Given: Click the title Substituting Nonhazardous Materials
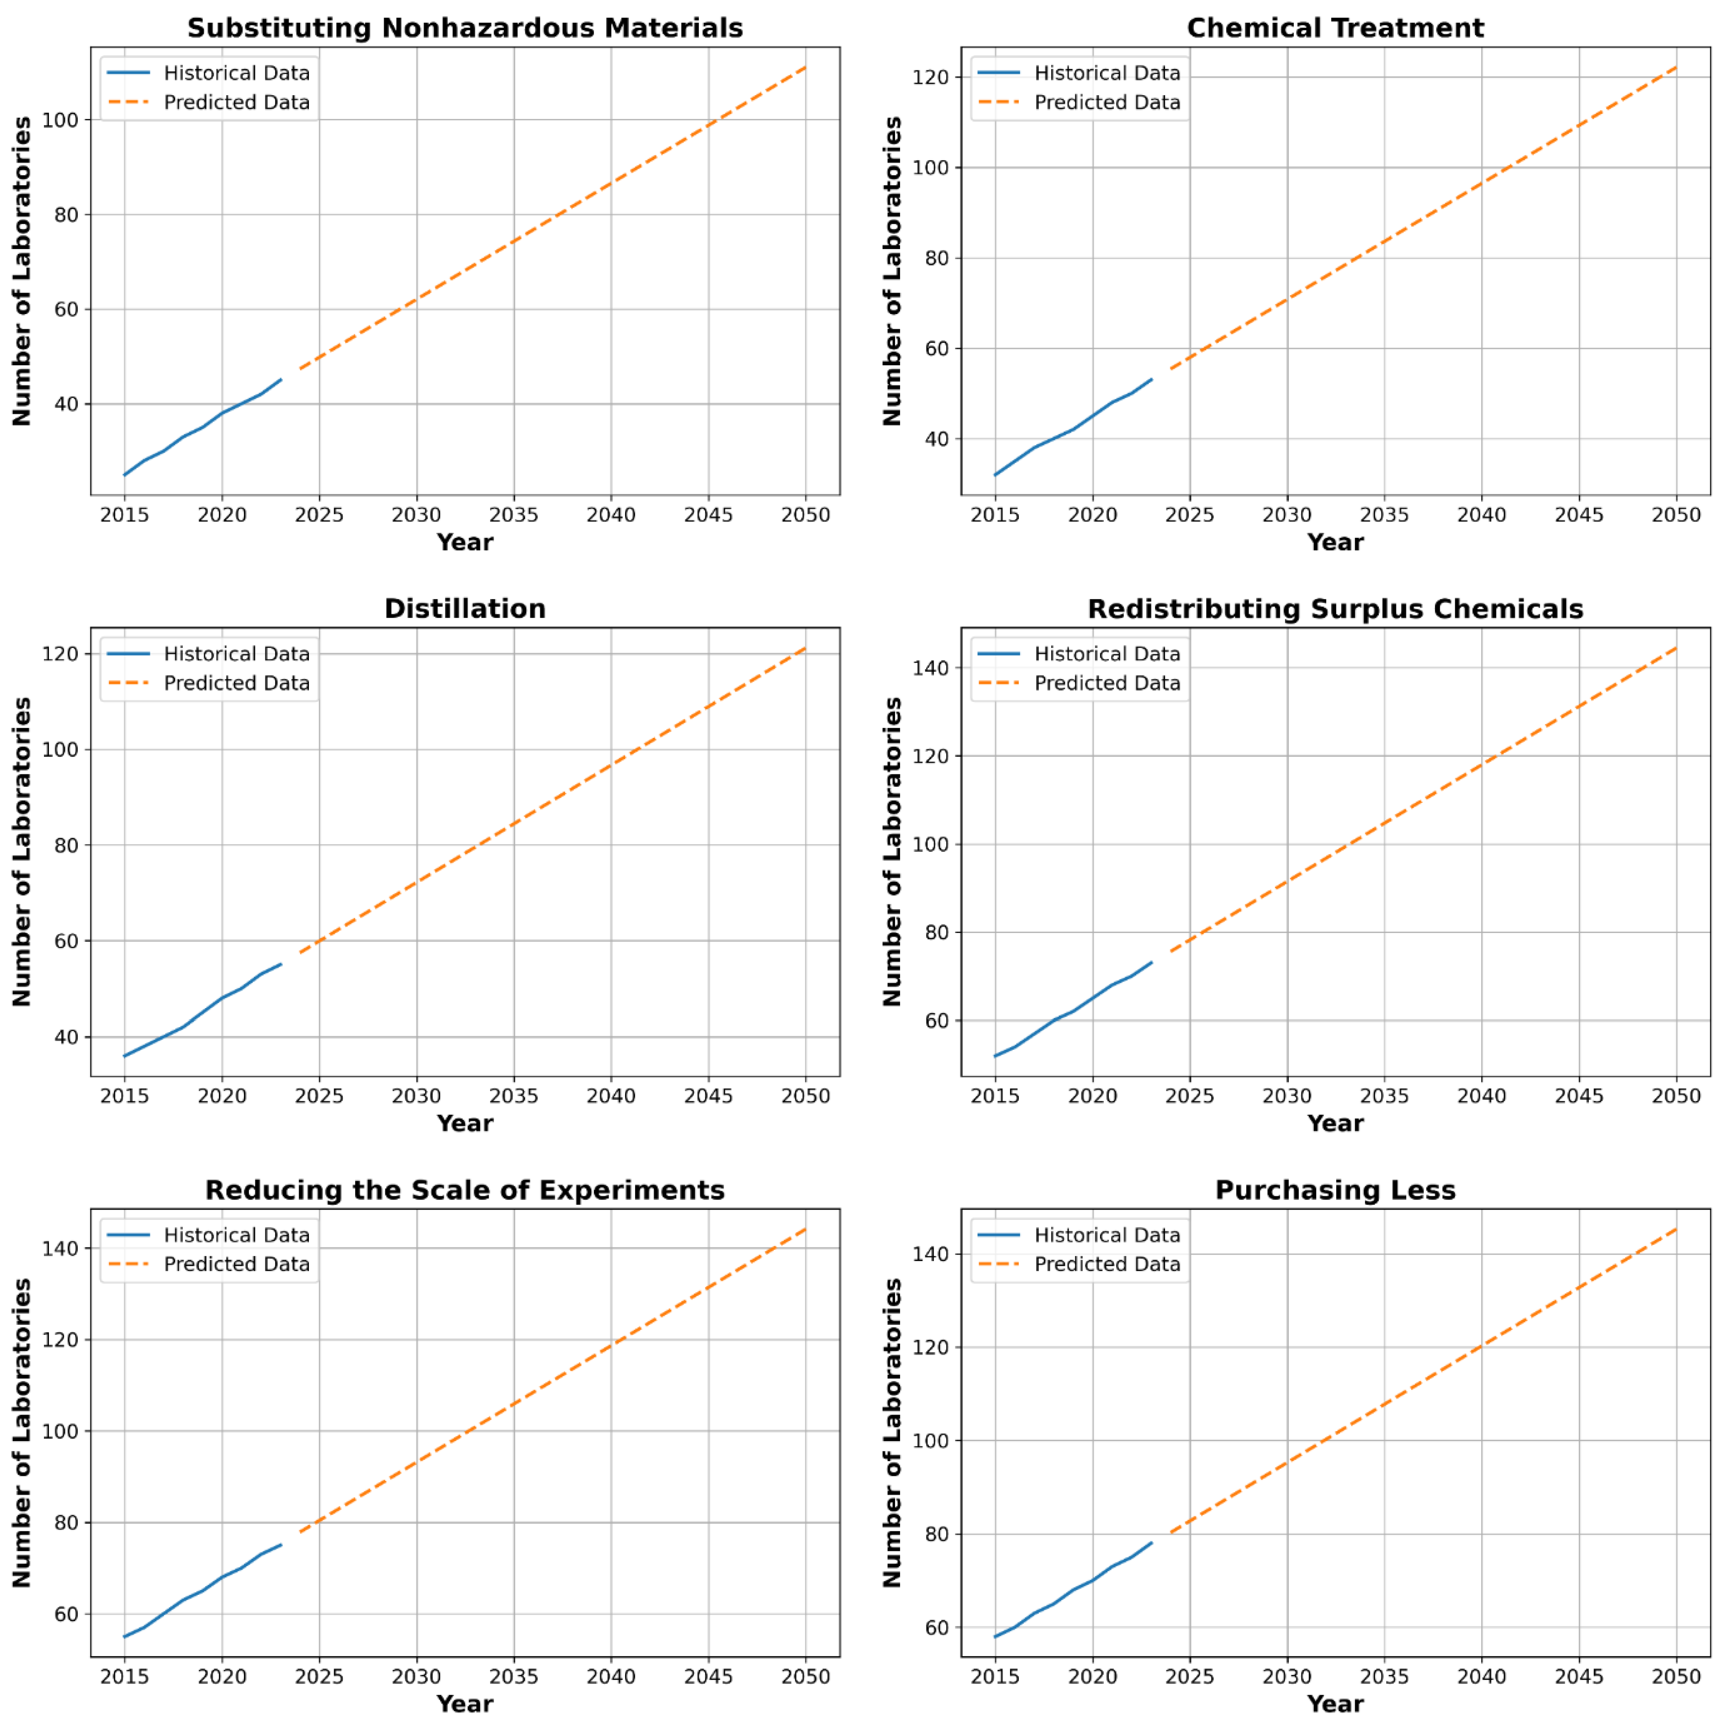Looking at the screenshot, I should coord(465,27).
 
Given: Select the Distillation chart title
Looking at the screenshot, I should coord(465,608).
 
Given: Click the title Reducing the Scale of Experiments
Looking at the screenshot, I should coord(465,1190).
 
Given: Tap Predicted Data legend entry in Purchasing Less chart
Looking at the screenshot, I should coord(1107,1264).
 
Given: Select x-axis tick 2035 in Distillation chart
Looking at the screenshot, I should coord(514,1096).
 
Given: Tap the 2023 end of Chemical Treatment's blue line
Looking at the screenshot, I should coord(1152,379).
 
